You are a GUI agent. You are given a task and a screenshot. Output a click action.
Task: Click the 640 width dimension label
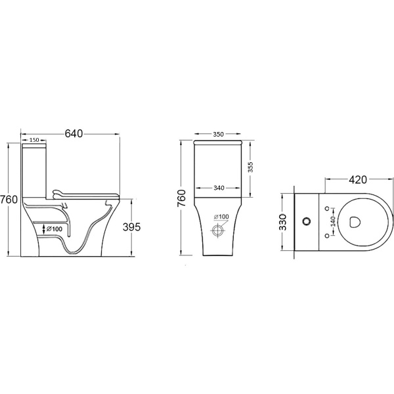[x=74, y=134]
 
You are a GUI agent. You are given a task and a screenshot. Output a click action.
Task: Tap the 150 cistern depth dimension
[x=34, y=140]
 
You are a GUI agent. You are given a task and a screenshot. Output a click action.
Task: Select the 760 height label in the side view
[x=9, y=199]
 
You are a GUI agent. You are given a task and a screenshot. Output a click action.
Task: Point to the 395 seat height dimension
[x=131, y=227]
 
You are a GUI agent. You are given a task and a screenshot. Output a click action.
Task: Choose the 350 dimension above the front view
[x=218, y=135]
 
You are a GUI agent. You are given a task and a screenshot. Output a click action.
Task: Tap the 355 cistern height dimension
[x=250, y=167]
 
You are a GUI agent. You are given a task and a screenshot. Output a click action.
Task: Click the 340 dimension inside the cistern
[x=219, y=188]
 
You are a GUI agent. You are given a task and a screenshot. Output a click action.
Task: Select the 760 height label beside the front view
[x=181, y=198]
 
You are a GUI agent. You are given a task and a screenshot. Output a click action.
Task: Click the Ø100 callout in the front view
[x=221, y=217]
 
